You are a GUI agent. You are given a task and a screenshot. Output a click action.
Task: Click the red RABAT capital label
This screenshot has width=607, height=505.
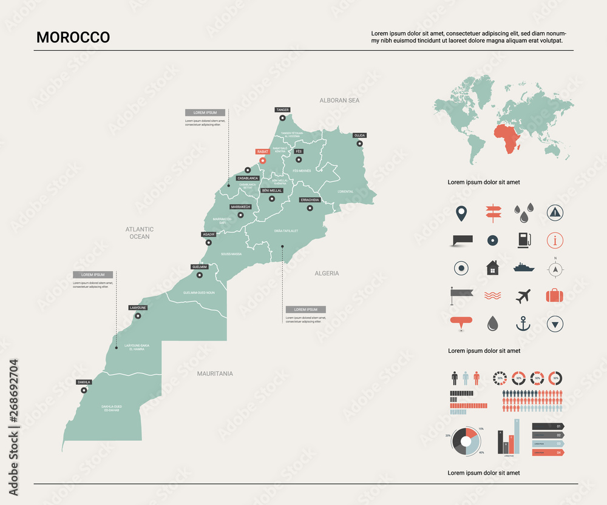(x=262, y=152)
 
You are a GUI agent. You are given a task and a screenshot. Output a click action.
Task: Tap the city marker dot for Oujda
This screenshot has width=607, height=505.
(x=360, y=144)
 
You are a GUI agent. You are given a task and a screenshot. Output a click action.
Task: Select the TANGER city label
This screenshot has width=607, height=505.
(x=282, y=110)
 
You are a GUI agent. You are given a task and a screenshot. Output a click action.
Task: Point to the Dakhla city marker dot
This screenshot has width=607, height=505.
(x=84, y=390)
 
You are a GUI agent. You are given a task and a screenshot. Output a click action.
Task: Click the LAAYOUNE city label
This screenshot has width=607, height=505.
(x=138, y=307)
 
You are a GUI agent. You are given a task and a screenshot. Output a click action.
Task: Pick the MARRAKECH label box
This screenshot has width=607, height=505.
(x=240, y=207)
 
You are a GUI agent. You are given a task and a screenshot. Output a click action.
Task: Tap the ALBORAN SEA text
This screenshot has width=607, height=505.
(x=339, y=100)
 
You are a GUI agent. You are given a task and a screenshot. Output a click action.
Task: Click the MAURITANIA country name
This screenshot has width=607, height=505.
(x=215, y=373)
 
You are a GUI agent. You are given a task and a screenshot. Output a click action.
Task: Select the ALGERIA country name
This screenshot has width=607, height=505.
(x=327, y=273)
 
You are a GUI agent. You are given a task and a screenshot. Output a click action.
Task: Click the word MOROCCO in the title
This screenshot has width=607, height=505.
(x=73, y=37)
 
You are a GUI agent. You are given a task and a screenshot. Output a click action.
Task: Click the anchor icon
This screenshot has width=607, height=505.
(x=523, y=324)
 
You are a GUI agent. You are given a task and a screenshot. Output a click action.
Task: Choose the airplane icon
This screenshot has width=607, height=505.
(x=523, y=296)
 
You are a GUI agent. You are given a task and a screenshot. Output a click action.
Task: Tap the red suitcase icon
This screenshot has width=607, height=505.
(x=554, y=296)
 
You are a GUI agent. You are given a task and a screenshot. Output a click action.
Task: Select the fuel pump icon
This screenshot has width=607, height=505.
(x=523, y=240)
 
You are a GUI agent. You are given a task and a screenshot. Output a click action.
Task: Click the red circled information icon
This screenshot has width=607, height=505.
(x=555, y=240)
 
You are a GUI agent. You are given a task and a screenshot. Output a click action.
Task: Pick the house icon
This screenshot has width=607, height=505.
(x=492, y=267)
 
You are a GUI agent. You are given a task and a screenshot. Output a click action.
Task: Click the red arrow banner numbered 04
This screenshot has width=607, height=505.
(x=548, y=452)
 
